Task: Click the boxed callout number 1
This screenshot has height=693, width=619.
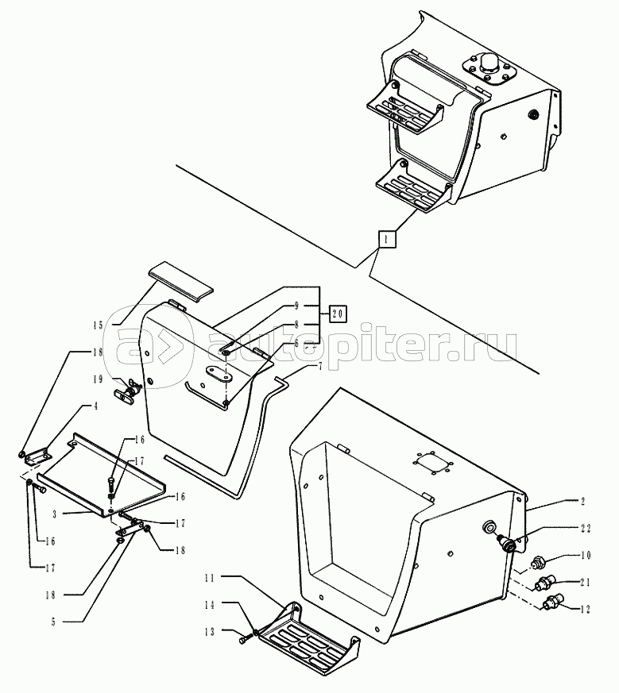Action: tap(386, 240)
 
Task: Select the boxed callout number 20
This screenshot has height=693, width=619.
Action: tap(338, 314)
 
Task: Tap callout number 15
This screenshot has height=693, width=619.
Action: tap(98, 325)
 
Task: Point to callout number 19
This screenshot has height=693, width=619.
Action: tap(98, 379)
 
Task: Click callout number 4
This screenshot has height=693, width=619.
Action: tap(95, 406)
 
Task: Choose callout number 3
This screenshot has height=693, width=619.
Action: tap(54, 514)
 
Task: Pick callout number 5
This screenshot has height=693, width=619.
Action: tap(53, 622)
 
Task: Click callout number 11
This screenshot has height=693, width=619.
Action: tap(210, 578)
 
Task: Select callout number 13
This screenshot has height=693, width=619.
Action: tap(210, 633)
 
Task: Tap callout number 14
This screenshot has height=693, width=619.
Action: tap(210, 605)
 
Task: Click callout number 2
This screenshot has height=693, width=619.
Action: tap(582, 501)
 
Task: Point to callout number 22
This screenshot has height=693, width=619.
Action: tap(586, 528)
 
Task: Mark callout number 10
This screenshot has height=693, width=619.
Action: tap(586, 556)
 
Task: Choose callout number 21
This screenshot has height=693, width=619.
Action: tap(586, 583)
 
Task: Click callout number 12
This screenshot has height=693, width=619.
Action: tap(586, 610)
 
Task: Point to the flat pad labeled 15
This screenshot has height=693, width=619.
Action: tap(180, 283)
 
